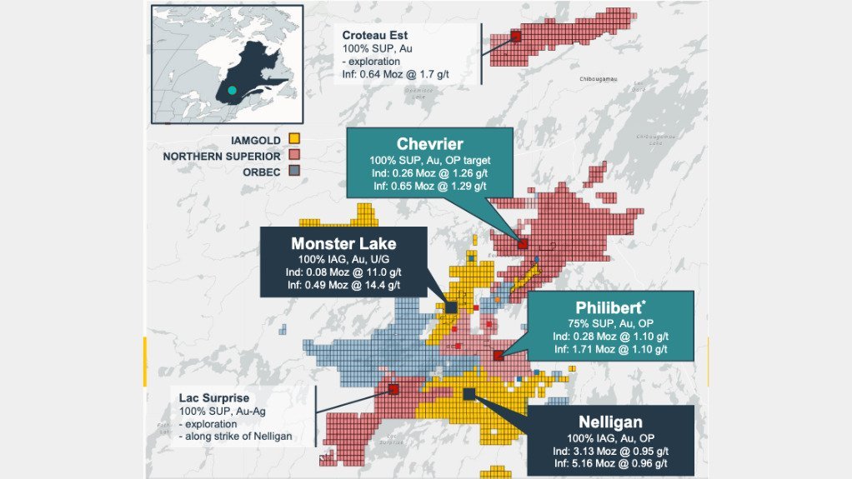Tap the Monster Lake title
[343, 244]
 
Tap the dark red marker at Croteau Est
[515, 36]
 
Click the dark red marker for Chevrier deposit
[523, 243]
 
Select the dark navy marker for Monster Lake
[451, 307]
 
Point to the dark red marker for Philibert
[498, 355]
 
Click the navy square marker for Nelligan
[469, 393]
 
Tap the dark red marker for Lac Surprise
[393, 388]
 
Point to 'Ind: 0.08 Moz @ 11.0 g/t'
[343, 272]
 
